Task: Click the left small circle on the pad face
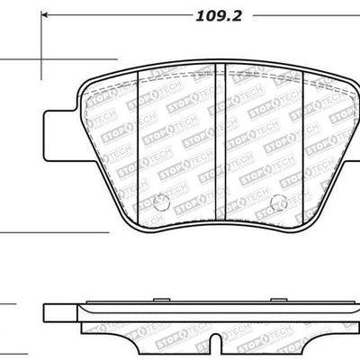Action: pos(161,201)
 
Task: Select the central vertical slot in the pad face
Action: pos(222,135)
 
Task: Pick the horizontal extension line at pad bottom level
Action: pos(54,232)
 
